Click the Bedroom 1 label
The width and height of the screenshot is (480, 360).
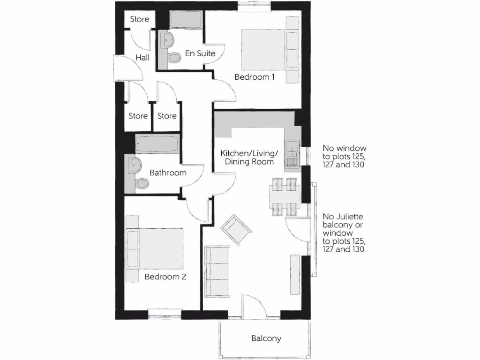pyautogui.click(x=255, y=77)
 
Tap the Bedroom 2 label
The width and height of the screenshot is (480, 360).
pyautogui.click(x=165, y=277)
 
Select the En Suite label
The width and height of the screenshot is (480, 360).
pyautogui.click(x=200, y=53)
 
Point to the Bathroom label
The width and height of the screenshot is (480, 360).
pyautogui.click(x=168, y=172)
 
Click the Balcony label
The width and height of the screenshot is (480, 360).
pyautogui.click(x=266, y=338)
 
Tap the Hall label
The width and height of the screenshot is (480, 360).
pyautogui.click(x=142, y=58)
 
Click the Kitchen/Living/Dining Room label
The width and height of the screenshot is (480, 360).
pyautogui.click(x=249, y=157)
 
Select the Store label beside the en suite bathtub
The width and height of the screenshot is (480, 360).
pyautogui.click(x=140, y=19)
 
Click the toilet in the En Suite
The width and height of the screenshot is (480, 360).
pyautogui.click(x=174, y=58)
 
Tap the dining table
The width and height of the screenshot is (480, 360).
pyautogui.click(x=285, y=196)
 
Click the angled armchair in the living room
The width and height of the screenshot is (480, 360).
pyautogui.click(x=236, y=229)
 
